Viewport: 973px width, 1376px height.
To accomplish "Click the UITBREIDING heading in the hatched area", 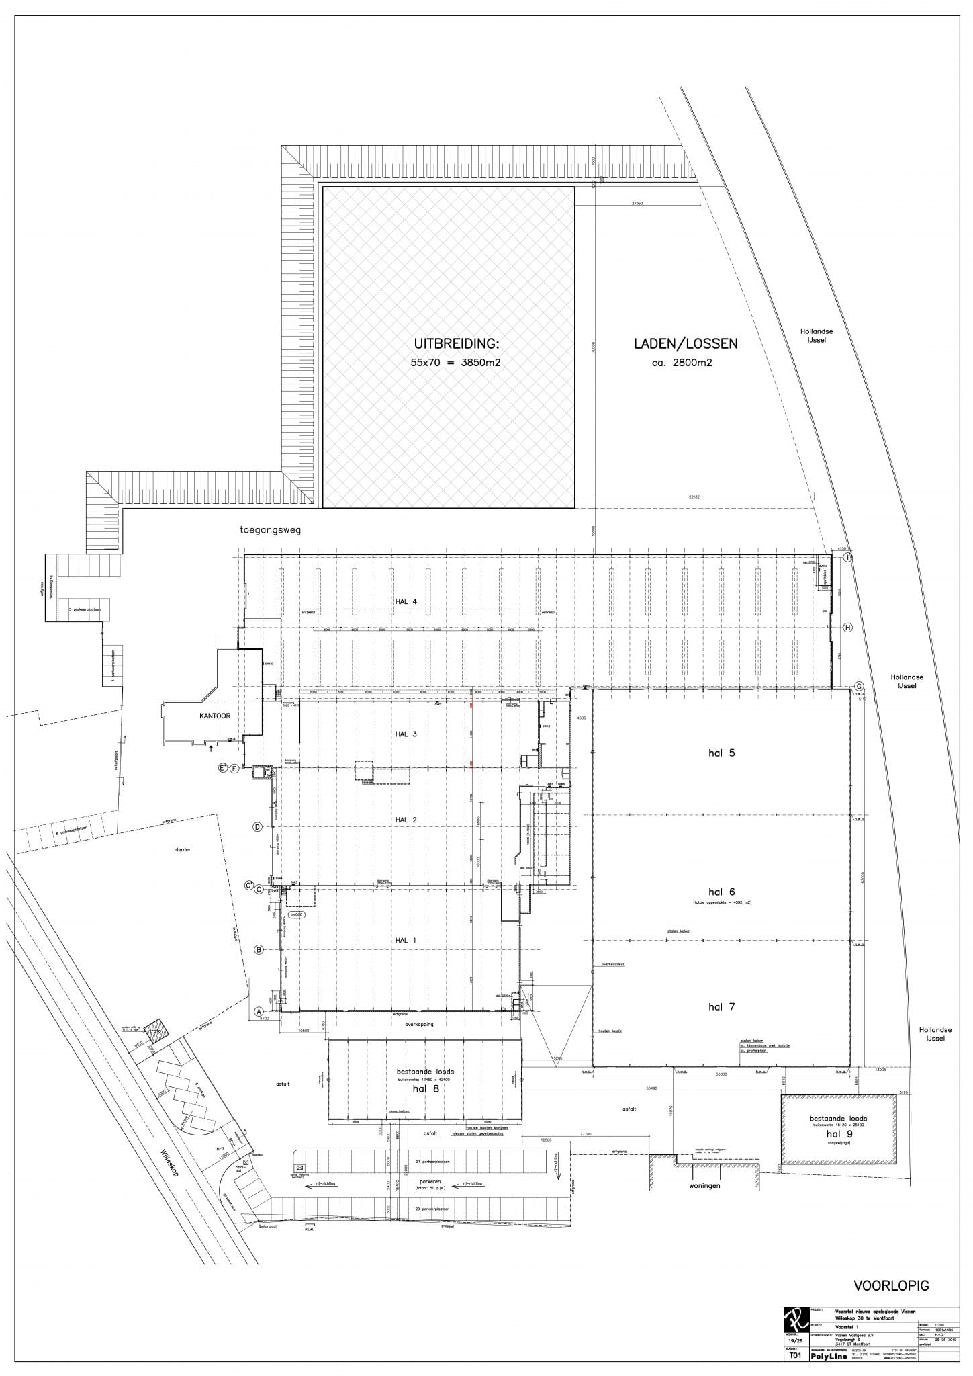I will point(456,344).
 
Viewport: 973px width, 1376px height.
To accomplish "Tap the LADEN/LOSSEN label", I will point(686,343).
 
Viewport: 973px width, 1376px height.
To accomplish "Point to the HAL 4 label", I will point(406,602).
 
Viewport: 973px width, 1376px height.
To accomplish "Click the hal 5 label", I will point(722,752).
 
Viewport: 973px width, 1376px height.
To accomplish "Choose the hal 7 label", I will point(722,1006).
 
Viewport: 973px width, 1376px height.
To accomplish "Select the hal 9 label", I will point(838,1134).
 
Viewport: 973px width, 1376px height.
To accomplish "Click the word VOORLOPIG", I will point(891,1286).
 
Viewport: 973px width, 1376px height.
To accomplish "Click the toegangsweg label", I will point(271,529).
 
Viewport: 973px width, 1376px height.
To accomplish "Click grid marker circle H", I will point(848,628).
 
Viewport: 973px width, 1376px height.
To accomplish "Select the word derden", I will point(183,849).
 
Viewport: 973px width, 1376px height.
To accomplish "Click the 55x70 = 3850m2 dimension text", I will point(456,363).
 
